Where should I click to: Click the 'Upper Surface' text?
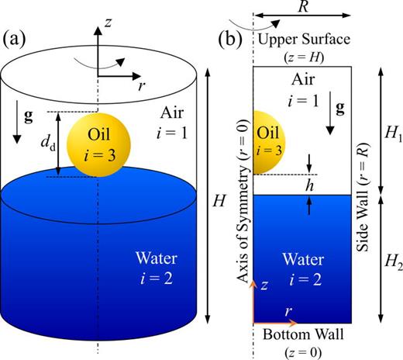[x=303, y=40]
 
